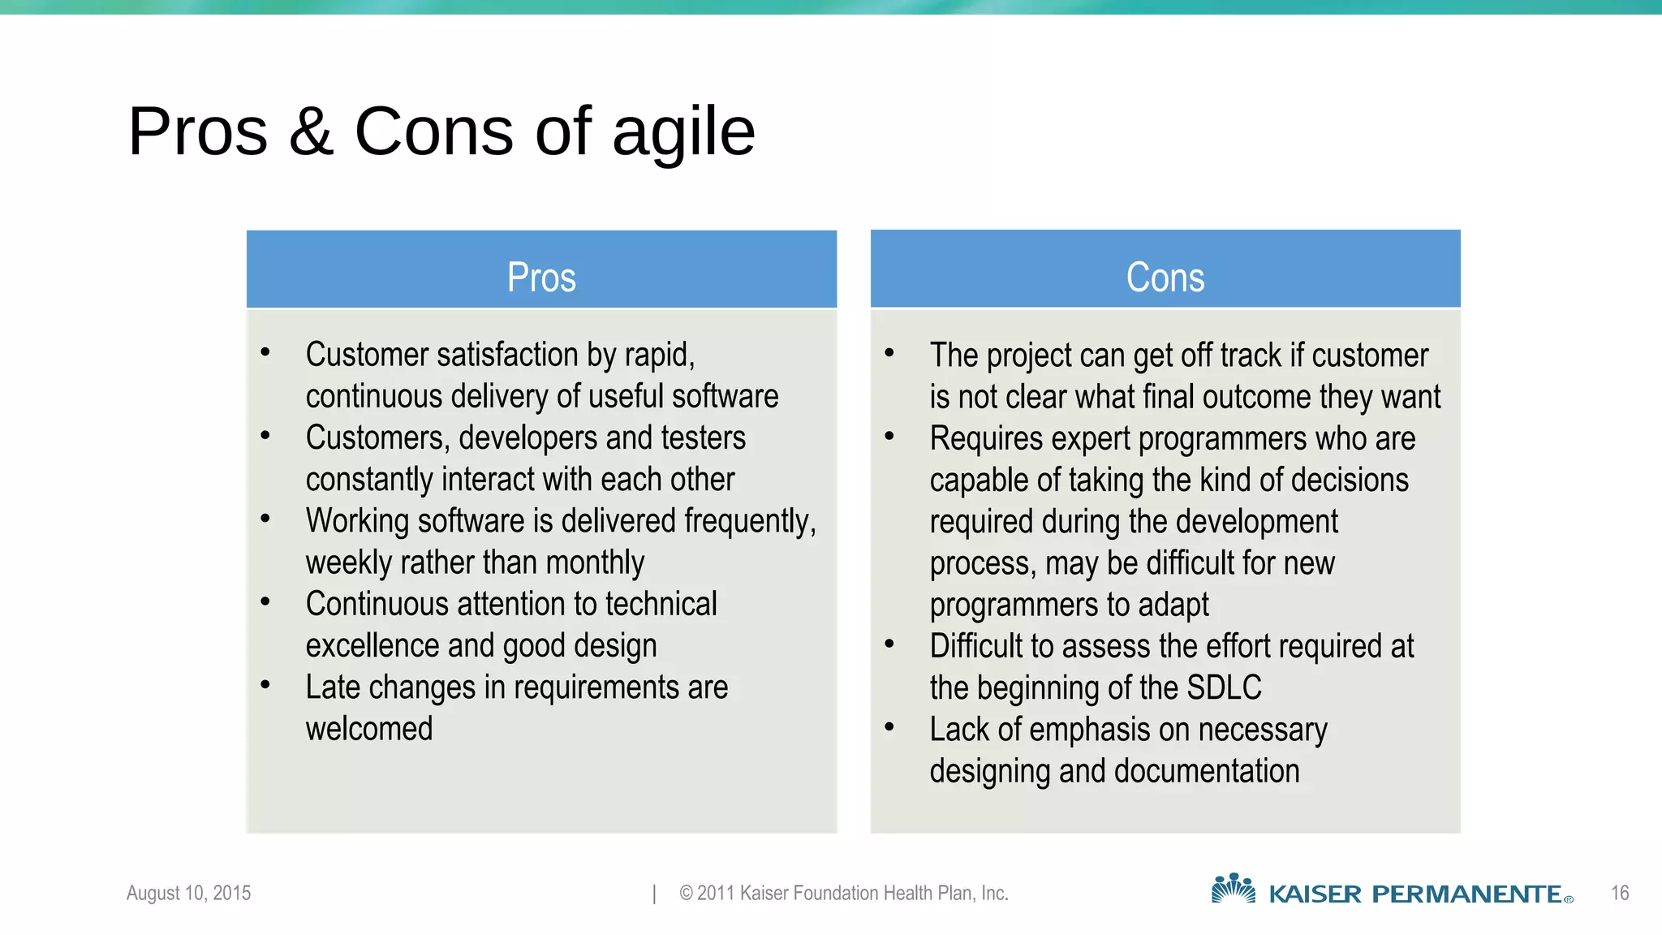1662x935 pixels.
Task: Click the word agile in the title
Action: (x=683, y=132)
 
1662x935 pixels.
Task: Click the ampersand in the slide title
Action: (x=312, y=132)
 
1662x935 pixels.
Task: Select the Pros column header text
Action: (x=541, y=278)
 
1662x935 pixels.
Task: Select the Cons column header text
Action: (x=1165, y=278)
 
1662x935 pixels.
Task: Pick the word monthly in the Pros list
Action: (x=596, y=562)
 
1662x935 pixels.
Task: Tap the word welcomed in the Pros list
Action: (x=369, y=729)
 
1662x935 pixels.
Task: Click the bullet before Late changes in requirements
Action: (x=265, y=685)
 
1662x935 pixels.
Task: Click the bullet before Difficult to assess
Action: (x=889, y=644)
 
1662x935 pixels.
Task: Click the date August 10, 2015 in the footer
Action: (x=188, y=893)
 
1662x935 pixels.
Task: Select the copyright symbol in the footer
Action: (x=686, y=894)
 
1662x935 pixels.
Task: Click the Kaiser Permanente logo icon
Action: (x=1233, y=890)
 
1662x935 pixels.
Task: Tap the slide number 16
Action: (x=1620, y=894)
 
